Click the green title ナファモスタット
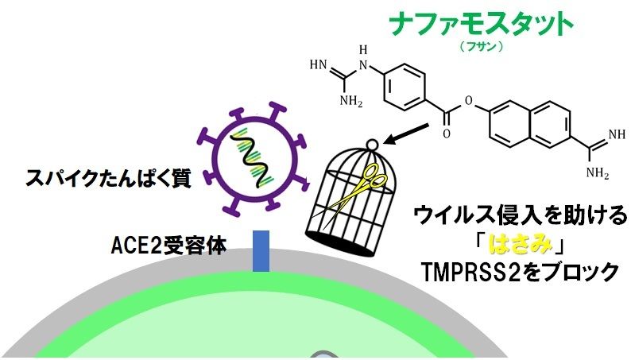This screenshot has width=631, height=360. point(481,24)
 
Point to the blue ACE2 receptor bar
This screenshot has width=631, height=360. point(261,250)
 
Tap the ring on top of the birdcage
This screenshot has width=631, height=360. point(373,145)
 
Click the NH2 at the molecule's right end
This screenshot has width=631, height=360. point(597,172)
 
